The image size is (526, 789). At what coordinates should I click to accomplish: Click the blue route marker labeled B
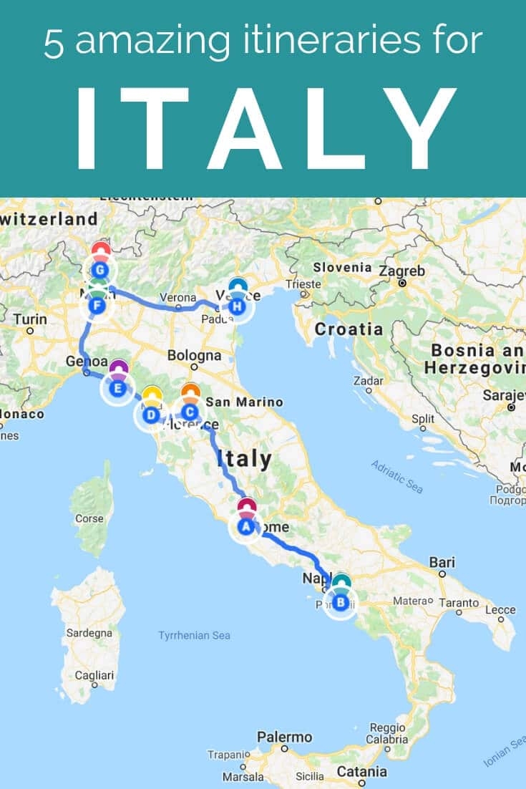tap(341, 602)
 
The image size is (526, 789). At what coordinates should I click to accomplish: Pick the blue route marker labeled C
tap(190, 412)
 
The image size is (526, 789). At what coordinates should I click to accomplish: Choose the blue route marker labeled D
tap(151, 415)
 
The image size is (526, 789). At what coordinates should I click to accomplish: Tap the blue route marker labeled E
tap(119, 389)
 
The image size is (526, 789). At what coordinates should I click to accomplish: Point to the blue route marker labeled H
tap(238, 307)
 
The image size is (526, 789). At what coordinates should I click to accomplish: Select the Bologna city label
tap(194, 355)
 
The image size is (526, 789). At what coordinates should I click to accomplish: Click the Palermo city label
tap(285, 737)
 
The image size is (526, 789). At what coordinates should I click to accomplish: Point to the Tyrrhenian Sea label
tap(194, 635)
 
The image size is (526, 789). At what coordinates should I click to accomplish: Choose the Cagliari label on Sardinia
tap(94, 675)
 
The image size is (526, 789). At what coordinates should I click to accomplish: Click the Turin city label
tap(29, 319)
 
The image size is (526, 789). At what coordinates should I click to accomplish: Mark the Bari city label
tap(442, 563)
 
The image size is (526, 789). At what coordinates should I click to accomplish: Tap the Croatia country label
tap(349, 329)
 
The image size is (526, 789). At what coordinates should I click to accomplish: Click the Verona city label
tap(177, 297)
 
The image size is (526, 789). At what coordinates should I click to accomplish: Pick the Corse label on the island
tap(89, 518)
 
